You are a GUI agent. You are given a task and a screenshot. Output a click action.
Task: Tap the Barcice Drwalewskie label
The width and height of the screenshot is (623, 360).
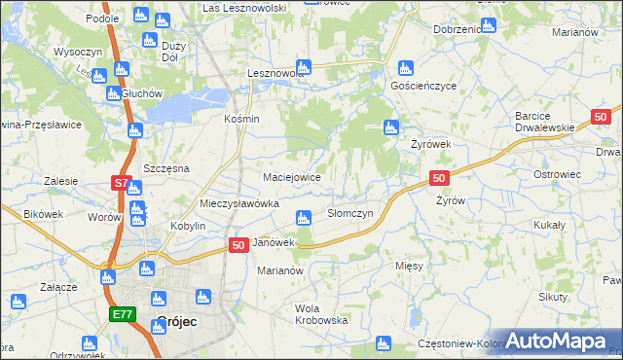pyautogui.click(x=548, y=122)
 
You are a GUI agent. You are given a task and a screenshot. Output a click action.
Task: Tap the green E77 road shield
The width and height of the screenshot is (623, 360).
pyautogui.click(x=122, y=314)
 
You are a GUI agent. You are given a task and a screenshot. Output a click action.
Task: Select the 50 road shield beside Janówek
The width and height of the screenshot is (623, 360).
pyautogui.click(x=238, y=247)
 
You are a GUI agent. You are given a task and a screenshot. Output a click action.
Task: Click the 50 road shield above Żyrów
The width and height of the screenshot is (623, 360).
pyautogui.click(x=439, y=178)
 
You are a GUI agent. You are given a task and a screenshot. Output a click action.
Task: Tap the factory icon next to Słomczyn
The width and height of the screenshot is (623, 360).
pyautogui.click(x=304, y=217)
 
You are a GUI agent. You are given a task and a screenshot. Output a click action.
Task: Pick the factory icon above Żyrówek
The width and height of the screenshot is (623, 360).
pyautogui.click(x=391, y=126)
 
